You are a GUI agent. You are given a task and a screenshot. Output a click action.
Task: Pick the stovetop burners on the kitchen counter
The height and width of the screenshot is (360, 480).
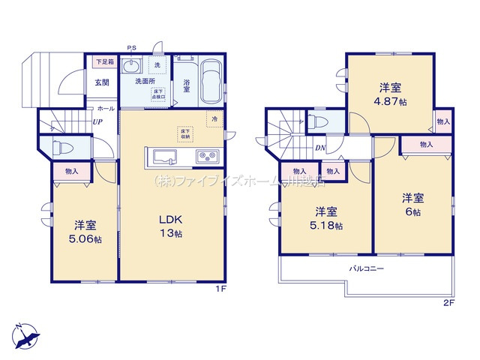(206, 157)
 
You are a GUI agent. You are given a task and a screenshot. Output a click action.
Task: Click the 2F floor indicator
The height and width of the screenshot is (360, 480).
(448, 302)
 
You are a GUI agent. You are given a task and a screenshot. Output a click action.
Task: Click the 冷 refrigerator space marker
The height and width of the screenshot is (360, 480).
(214, 118)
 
